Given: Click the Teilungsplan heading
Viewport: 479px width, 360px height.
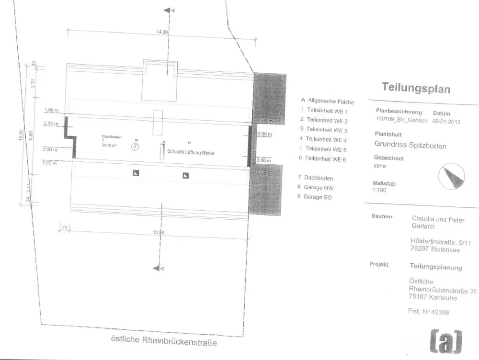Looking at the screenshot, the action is coord(416,88).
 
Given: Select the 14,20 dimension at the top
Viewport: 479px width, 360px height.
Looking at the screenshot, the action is coord(163,33).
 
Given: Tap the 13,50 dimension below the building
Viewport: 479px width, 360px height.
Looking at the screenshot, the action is coord(159,232).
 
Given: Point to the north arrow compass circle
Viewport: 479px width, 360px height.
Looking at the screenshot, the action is coord(452,176).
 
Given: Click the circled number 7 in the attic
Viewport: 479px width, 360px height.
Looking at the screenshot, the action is coord(135,147).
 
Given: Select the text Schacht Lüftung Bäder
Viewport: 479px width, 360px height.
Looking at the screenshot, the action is coord(191,153).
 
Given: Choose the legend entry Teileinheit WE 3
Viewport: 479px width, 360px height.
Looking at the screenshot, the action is coord(326,130).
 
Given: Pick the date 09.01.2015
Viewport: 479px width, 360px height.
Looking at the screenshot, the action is coord(445,122).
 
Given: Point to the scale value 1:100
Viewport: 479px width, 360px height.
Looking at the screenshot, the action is coord(379,190).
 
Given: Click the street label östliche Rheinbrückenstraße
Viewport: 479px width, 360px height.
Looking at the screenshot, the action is coord(164,341).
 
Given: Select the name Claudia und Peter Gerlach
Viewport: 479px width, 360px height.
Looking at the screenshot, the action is coord(438,223).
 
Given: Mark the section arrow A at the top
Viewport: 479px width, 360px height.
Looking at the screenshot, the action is coord(169,10).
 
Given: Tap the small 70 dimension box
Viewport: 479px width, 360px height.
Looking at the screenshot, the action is coord(65,227).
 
